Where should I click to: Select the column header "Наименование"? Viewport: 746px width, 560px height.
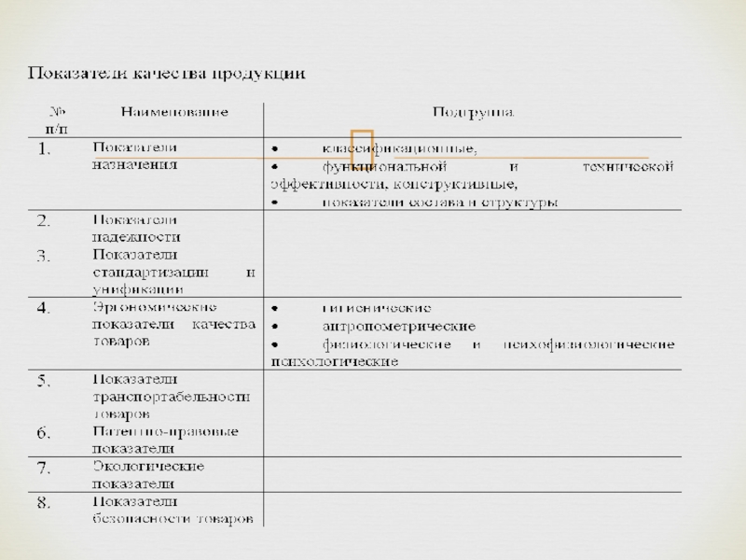coord(174,112)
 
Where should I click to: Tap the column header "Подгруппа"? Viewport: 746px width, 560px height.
coord(473,112)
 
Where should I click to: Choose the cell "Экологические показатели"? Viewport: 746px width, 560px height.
coord(147,475)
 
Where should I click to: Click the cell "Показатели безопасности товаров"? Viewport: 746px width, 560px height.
coord(172,511)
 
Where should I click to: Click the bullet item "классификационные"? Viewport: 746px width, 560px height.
coord(401,149)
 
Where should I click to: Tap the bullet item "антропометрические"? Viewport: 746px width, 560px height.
coord(398,327)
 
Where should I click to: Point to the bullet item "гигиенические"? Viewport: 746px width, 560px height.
coord(376,308)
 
